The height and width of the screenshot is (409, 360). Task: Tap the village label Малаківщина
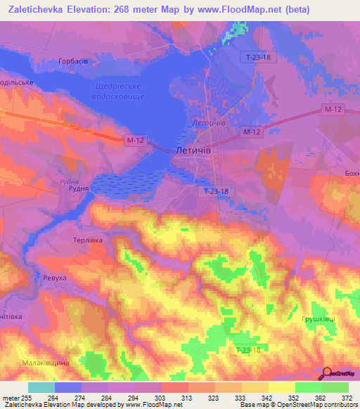coord(44,362)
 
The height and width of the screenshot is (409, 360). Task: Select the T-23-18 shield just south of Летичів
coord(216,190)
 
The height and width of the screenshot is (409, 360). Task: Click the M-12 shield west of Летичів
coord(136,141)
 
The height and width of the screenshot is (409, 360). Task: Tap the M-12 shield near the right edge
coord(333,110)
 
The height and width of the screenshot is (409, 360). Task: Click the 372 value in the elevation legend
coord(347,398)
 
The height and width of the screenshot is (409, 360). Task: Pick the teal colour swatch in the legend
coord(41,387)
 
